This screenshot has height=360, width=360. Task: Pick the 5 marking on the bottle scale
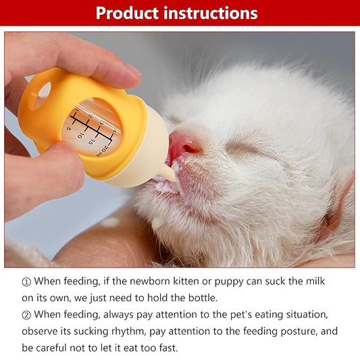tap(70, 128)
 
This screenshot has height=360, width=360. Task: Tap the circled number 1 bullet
tap(26, 281)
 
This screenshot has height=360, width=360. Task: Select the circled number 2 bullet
tap(26, 315)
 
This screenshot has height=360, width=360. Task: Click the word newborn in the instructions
tap(161, 281)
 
